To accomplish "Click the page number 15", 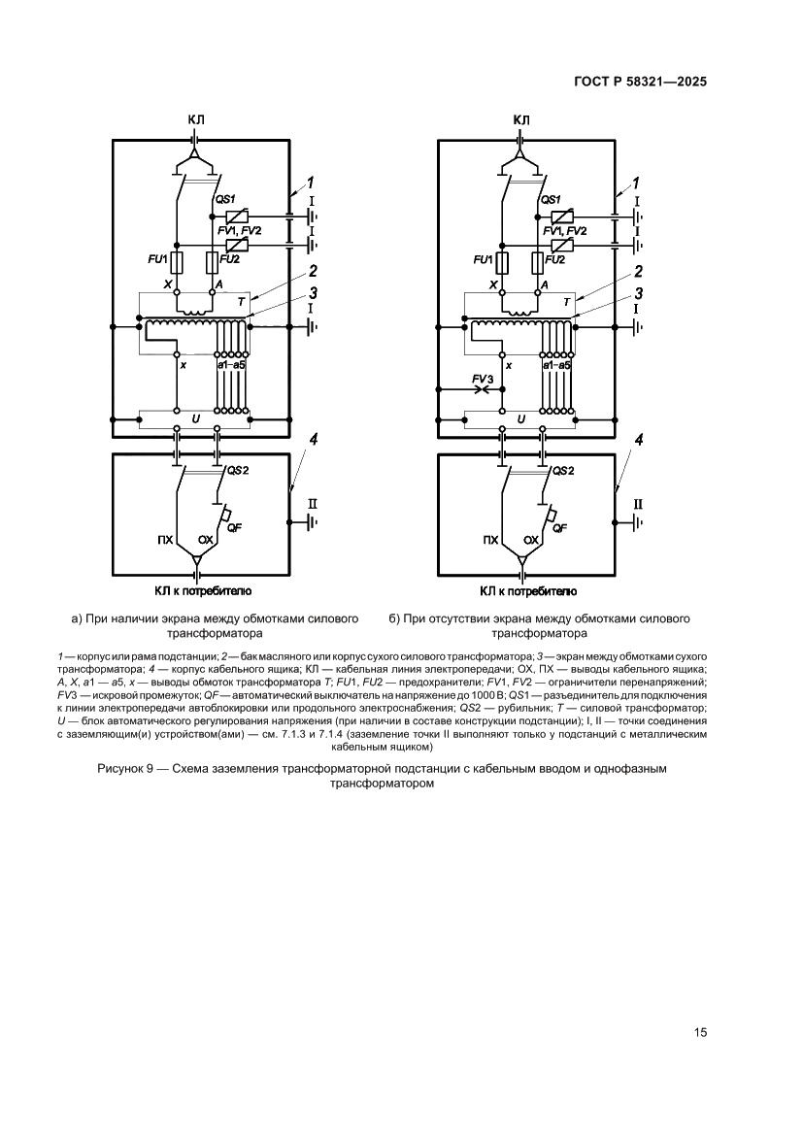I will pos(700,1033).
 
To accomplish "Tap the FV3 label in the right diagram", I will pos(484,379).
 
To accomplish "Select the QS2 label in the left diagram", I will pos(238,471).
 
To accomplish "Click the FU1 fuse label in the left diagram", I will pos(158,259).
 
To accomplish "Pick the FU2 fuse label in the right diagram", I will pos(557,259).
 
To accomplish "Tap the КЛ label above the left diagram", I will pos(196,119).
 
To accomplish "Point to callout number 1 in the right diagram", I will pos(637,182).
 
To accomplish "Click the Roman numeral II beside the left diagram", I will pos(313,504).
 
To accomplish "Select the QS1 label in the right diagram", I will pos(551,199).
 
